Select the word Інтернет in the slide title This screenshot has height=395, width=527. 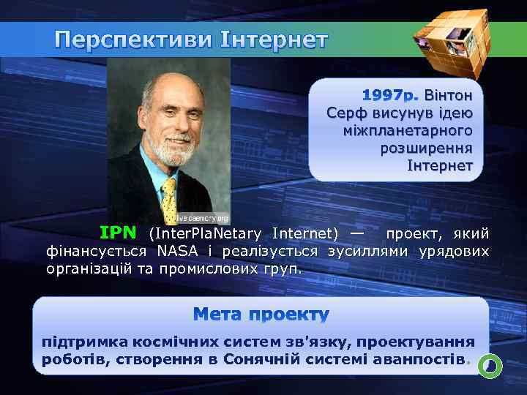273,39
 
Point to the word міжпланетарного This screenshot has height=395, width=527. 407,131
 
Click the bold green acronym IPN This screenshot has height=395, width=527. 118,233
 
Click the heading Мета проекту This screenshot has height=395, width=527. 261,315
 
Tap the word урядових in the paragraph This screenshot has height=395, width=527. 453,252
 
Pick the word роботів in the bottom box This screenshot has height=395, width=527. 67,360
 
